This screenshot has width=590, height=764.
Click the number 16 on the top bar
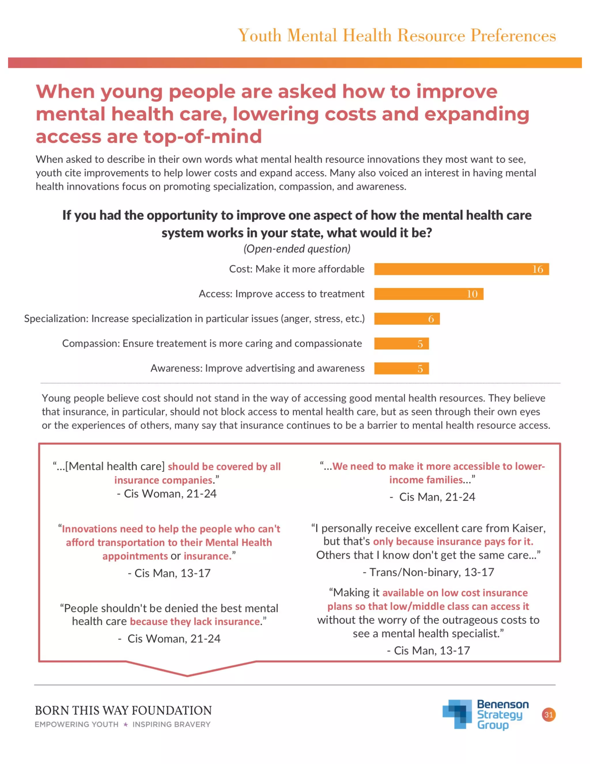coord(538,269)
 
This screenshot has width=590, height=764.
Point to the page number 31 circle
coord(549,715)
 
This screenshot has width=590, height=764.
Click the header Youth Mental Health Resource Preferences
coord(397,35)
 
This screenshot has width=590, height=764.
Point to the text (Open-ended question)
coord(297,249)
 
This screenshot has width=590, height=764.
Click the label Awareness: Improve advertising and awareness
coord(257,368)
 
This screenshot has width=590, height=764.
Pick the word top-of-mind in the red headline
coord(203,136)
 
